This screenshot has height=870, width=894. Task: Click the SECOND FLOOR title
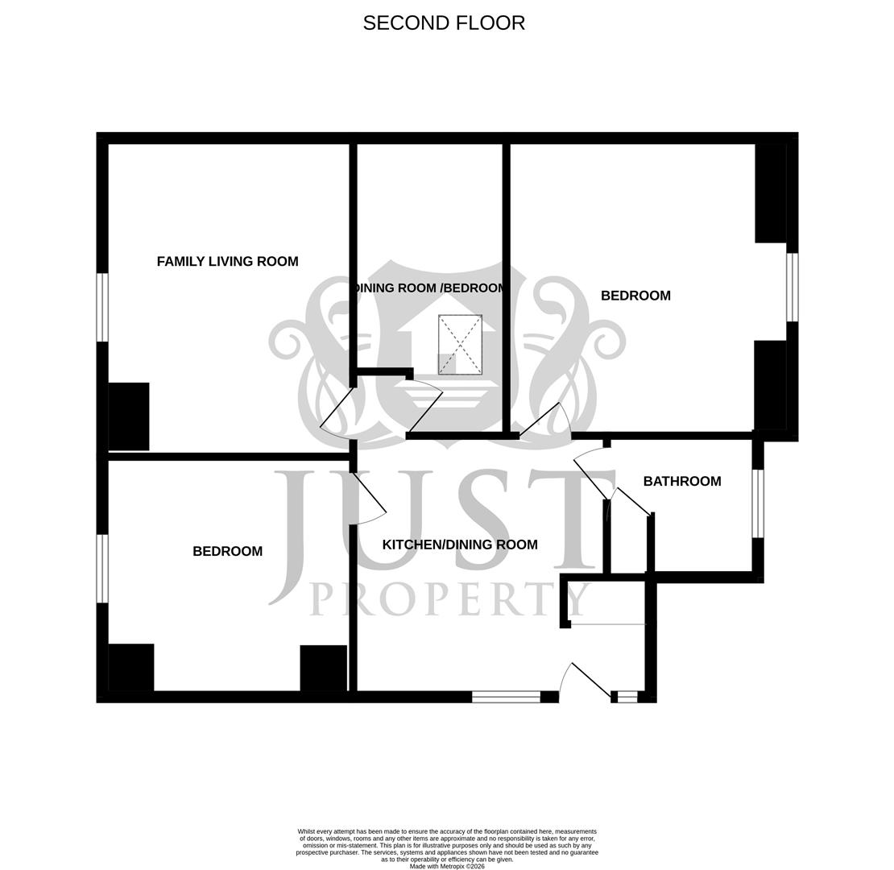[444, 23]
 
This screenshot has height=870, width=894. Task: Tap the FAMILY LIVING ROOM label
[227, 262]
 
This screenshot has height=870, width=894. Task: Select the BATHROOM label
[681, 482]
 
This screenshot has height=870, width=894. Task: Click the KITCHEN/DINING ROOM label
[459, 545]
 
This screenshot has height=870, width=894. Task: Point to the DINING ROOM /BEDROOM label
[430, 288]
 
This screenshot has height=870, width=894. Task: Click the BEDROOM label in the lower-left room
[227, 552]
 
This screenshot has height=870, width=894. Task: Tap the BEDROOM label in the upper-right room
[635, 296]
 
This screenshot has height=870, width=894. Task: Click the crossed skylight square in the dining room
[460, 345]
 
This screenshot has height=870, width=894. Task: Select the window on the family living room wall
[102, 307]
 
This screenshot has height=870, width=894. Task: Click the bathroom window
[757, 503]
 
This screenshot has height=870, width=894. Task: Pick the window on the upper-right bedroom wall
[792, 287]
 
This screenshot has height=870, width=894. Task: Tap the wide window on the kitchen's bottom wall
[506, 697]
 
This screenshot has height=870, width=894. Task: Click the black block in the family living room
[129, 416]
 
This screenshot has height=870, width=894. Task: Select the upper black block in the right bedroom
[771, 193]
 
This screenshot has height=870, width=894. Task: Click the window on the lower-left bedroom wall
[102, 568]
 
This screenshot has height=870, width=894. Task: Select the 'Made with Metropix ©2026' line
[447, 866]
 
